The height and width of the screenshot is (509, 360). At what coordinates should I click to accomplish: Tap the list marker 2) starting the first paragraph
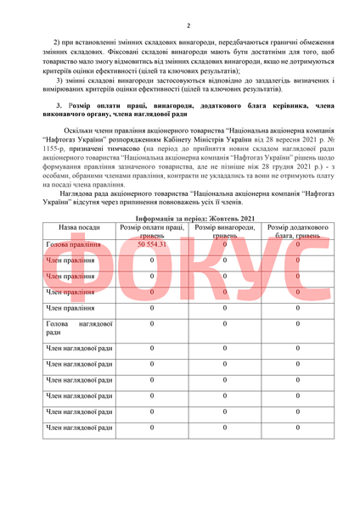(x=56, y=42)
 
